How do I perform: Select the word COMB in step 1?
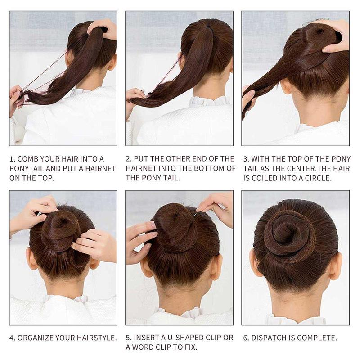coord(26,159)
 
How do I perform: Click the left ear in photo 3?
coord(285,86)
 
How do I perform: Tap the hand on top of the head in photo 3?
coord(333,35)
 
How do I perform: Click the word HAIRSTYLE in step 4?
coord(97,338)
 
